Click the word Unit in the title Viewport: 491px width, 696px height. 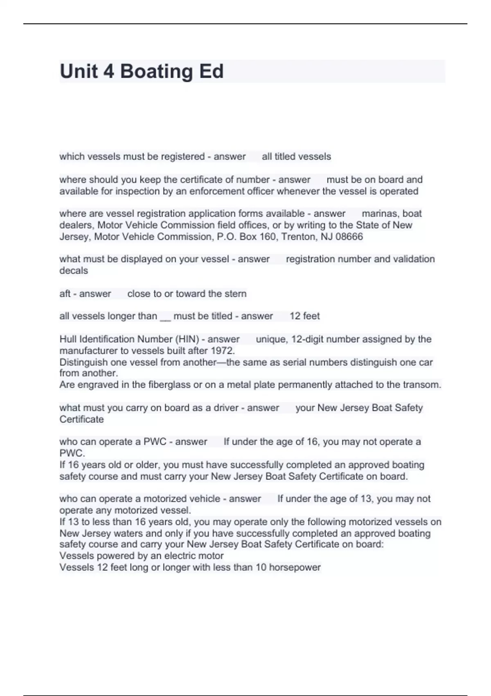pyautogui.click(x=79, y=71)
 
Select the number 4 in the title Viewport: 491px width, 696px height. pyautogui.click(x=108, y=71)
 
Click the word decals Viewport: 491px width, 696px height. pyautogui.click(x=74, y=271)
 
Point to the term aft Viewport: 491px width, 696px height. pyautogui.click(x=65, y=294)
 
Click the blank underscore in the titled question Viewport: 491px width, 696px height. pyautogui.click(x=165, y=317)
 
